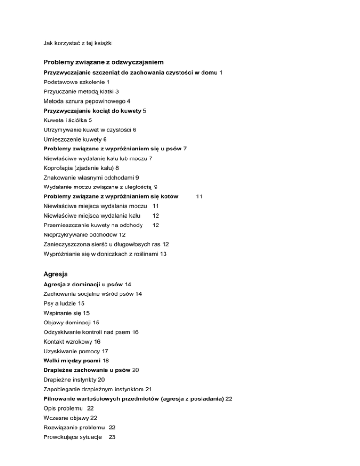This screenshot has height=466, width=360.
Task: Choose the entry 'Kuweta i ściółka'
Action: [67, 120]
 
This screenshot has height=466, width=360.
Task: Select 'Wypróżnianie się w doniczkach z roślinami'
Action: [102, 254]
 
